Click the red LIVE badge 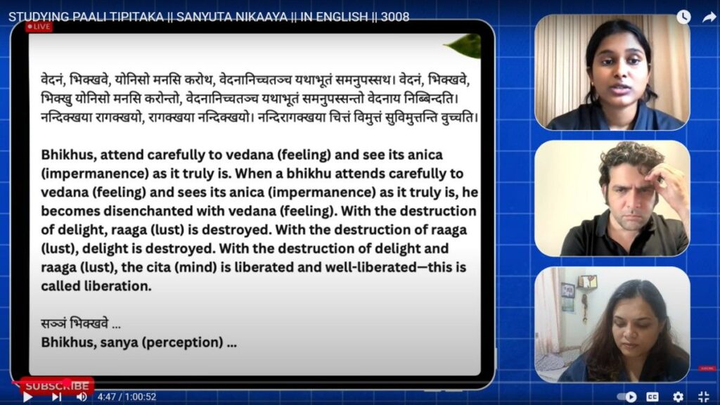[x=39, y=27]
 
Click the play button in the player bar [x=27, y=397]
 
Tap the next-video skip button [x=56, y=397]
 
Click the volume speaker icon [x=82, y=397]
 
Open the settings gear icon [x=678, y=397]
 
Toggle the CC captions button [x=652, y=397]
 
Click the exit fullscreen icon [x=703, y=397]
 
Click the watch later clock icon [x=683, y=17]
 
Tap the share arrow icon [x=709, y=17]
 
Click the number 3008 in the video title [x=395, y=17]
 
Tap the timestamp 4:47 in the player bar [x=107, y=397]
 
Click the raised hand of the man [x=668, y=184]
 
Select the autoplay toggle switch [x=626, y=397]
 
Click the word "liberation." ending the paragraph [x=117, y=286]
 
